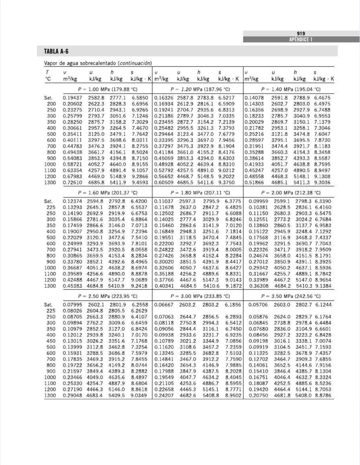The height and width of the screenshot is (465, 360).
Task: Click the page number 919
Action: (301, 33)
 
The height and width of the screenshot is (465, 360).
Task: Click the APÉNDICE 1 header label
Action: (301, 39)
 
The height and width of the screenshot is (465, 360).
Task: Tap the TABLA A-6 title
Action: (56, 51)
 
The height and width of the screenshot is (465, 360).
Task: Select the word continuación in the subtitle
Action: (135, 63)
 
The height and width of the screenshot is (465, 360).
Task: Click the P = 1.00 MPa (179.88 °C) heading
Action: (107, 89)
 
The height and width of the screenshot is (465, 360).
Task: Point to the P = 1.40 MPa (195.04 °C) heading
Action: (291, 89)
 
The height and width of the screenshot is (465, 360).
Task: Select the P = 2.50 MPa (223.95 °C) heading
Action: (107, 296)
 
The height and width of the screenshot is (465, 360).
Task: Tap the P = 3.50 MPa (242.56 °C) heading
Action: (291, 296)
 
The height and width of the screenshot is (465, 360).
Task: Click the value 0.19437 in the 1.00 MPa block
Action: (72, 98)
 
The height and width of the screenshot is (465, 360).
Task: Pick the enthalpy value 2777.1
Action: (118, 98)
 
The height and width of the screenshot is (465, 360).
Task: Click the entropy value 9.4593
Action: (140, 183)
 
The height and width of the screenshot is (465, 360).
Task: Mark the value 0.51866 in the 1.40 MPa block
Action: (254, 183)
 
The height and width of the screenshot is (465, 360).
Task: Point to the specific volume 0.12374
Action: (72, 201)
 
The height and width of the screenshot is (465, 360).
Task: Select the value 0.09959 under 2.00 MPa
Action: (258, 201)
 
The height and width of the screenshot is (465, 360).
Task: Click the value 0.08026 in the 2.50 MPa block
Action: (72, 311)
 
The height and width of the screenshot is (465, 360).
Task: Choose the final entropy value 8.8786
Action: (323, 396)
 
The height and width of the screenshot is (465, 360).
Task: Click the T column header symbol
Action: (47, 72)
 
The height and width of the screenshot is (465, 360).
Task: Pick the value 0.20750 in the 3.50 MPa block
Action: (258, 396)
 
